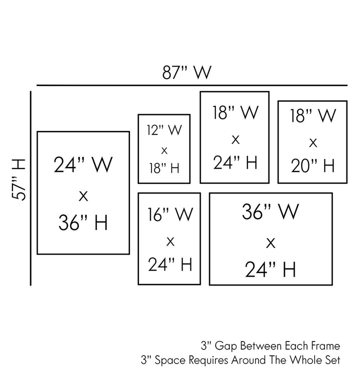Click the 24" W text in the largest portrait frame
[x=83, y=164]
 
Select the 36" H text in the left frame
[x=83, y=222]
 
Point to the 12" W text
[x=164, y=130]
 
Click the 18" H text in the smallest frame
[x=164, y=168]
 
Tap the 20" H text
[x=312, y=165]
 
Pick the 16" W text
[x=170, y=215]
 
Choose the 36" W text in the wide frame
[x=270, y=212]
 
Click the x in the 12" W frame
[x=164, y=149]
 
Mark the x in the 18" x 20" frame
[x=312, y=142]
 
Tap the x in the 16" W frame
[x=170, y=241]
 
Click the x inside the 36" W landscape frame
[x=270, y=243]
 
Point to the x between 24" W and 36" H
[x=83, y=195]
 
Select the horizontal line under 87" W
[x=192, y=85]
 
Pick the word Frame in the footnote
[x=326, y=345]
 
